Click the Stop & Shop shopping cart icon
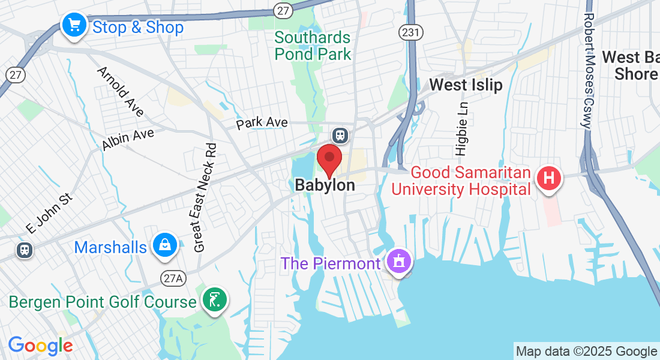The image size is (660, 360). click(x=74, y=25)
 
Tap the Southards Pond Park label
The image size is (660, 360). click(x=312, y=46)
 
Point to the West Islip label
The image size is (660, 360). click(x=466, y=85)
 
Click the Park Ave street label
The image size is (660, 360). click(x=262, y=122)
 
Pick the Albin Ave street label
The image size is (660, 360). click(x=128, y=139)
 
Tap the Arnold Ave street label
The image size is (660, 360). click(x=121, y=92)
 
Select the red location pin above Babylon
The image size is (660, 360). click(x=329, y=159)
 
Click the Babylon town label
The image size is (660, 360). click(x=325, y=185)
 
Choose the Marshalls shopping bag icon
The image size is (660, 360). click(x=164, y=245)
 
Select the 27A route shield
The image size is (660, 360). click(x=170, y=277)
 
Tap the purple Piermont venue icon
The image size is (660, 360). click(x=398, y=262)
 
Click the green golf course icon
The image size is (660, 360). click(x=214, y=299)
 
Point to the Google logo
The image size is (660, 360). click(x=40, y=346)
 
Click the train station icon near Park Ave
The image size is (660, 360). click(x=341, y=135)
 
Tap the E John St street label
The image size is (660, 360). click(x=49, y=212)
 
